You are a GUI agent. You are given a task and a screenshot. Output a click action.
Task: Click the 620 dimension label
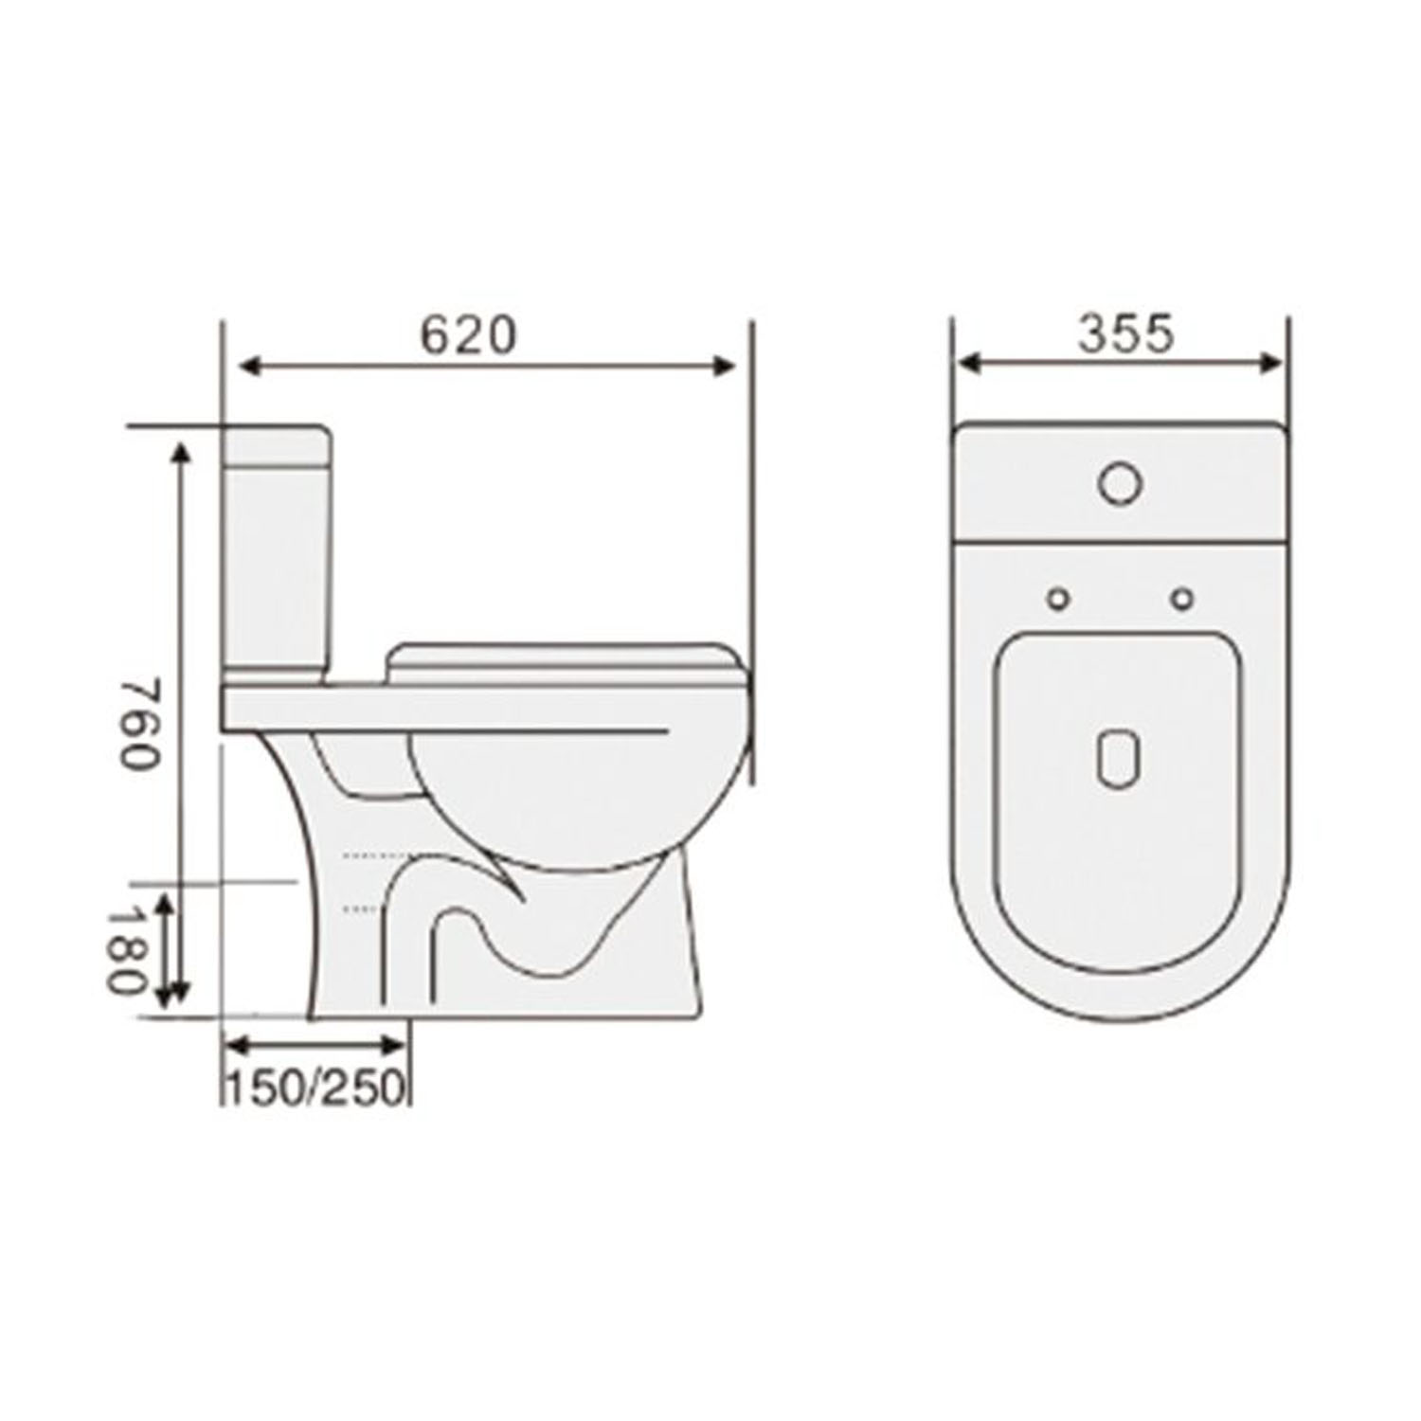click(469, 335)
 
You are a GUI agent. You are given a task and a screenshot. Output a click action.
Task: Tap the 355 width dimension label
click(1125, 333)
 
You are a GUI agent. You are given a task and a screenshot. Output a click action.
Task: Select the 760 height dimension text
click(136, 725)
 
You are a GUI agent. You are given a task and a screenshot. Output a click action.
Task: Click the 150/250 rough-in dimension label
click(315, 1088)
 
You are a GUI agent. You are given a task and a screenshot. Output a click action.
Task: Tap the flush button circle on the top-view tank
click(1120, 483)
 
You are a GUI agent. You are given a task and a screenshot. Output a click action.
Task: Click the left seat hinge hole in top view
click(1058, 599)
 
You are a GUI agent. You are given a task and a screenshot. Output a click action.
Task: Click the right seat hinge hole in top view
click(1181, 599)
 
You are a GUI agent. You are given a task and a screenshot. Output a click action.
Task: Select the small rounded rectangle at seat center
click(1119, 759)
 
